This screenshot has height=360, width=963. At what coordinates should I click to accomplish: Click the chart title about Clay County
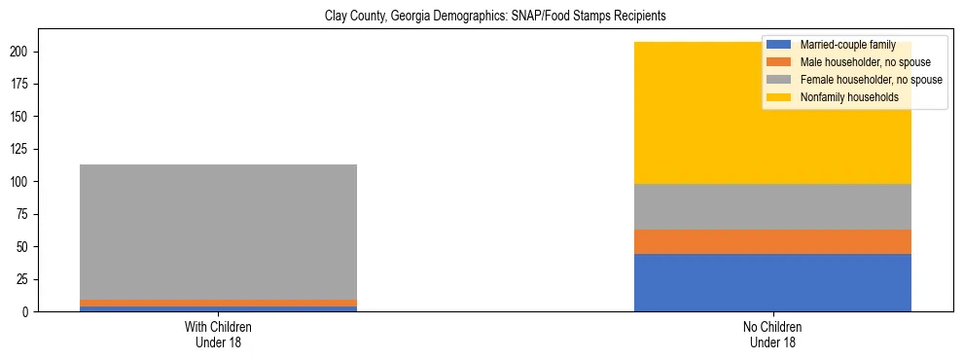click(x=481, y=17)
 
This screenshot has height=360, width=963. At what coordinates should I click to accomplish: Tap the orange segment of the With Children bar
click(x=218, y=304)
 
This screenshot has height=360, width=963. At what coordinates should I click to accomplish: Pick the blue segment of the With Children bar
click(x=218, y=308)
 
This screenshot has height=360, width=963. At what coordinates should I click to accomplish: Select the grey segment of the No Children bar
click(x=772, y=206)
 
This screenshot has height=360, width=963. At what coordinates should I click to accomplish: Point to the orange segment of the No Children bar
click(x=772, y=241)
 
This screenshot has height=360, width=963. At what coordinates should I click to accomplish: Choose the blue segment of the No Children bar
click(x=772, y=282)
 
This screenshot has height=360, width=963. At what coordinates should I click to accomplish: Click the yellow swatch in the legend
click(x=780, y=97)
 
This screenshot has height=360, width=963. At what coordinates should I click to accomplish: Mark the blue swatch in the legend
click(x=780, y=45)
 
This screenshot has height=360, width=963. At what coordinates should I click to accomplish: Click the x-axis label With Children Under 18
click(x=218, y=335)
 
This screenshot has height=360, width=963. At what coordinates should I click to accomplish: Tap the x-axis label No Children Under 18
click(x=772, y=335)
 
